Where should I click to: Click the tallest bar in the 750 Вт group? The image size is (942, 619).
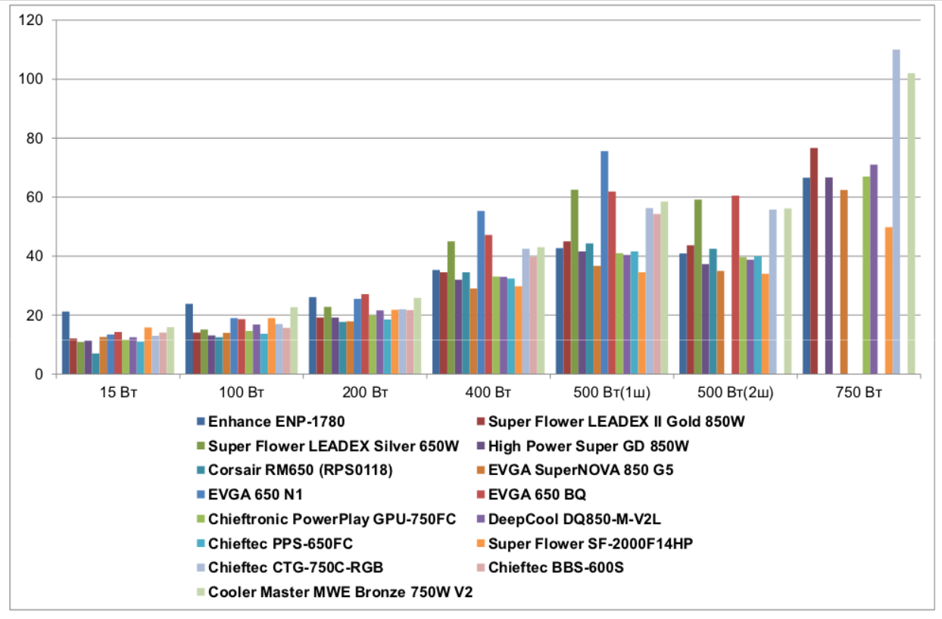pyautogui.click(x=896, y=212)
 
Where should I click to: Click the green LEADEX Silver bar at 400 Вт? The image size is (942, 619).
pyautogui.click(x=451, y=308)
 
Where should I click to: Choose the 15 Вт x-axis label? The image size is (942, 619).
pyautogui.click(x=118, y=392)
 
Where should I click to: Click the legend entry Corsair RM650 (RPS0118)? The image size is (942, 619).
pyautogui.click(x=300, y=471)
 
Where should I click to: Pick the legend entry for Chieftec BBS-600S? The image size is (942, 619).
pyautogui.click(x=556, y=567)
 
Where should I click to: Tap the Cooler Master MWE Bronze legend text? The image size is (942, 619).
pyautogui.click(x=340, y=592)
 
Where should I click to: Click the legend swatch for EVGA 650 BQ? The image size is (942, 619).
pyautogui.click(x=480, y=495)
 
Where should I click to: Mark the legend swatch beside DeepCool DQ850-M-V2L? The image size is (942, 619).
pyautogui.click(x=480, y=519)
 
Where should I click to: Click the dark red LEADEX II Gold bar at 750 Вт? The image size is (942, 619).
pyautogui.click(x=813, y=261)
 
